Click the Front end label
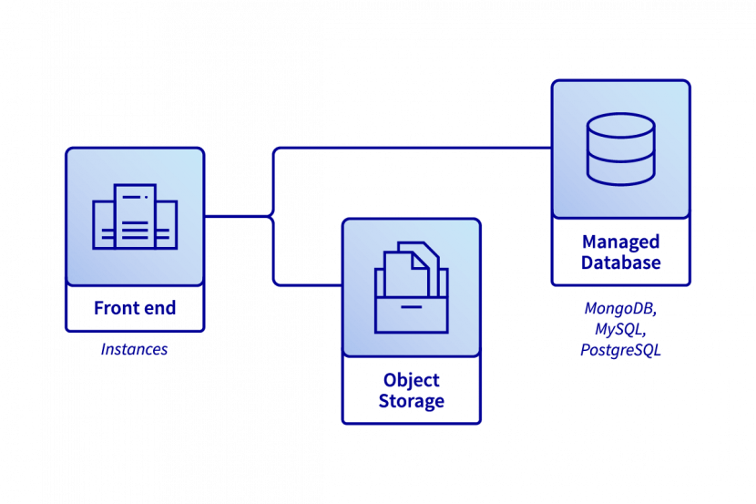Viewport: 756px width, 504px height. click(x=135, y=308)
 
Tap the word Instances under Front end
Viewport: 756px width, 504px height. click(x=134, y=349)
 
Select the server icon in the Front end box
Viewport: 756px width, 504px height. click(x=135, y=217)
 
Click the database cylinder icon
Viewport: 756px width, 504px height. click(x=620, y=149)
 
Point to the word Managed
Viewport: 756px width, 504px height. click(x=620, y=242)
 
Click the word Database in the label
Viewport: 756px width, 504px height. click(x=620, y=263)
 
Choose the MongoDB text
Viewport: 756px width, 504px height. click(x=620, y=309)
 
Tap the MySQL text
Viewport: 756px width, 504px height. click(x=620, y=329)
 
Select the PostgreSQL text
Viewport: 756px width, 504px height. click(x=620, y=349)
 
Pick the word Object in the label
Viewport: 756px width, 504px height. click(x=412, y=380)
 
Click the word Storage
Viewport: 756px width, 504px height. click(x=412, y=401)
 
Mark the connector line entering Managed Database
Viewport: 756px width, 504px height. click(x=510, y=148)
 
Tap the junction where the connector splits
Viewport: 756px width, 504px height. click(x=272, y=217)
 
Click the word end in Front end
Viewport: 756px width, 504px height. click(x=159, y=308)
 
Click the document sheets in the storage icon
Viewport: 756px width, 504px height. click(x=411, y=264)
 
